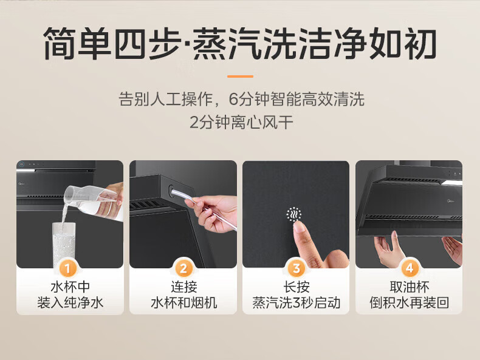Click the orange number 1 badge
pos(67,268)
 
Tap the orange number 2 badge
pos(183,268)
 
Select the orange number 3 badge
pos(296,268)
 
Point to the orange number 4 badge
pos(410,268)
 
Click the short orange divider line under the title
pos(240,76)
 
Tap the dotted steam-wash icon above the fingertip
pos(294,214)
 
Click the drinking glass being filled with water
pos(64,244)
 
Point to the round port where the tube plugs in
pos(171,191)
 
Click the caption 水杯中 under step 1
pos(70,287)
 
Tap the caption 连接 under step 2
pos(183,287)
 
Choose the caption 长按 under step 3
pos(297,287)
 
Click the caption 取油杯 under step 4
pos(410,287)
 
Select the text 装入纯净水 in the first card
pos(70,302)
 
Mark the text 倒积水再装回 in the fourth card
pos(410,302)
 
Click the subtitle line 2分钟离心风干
pos(241,123)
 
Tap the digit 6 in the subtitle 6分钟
pos(233,99)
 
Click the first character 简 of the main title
pos(60,43)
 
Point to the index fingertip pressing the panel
pos(298,226)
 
